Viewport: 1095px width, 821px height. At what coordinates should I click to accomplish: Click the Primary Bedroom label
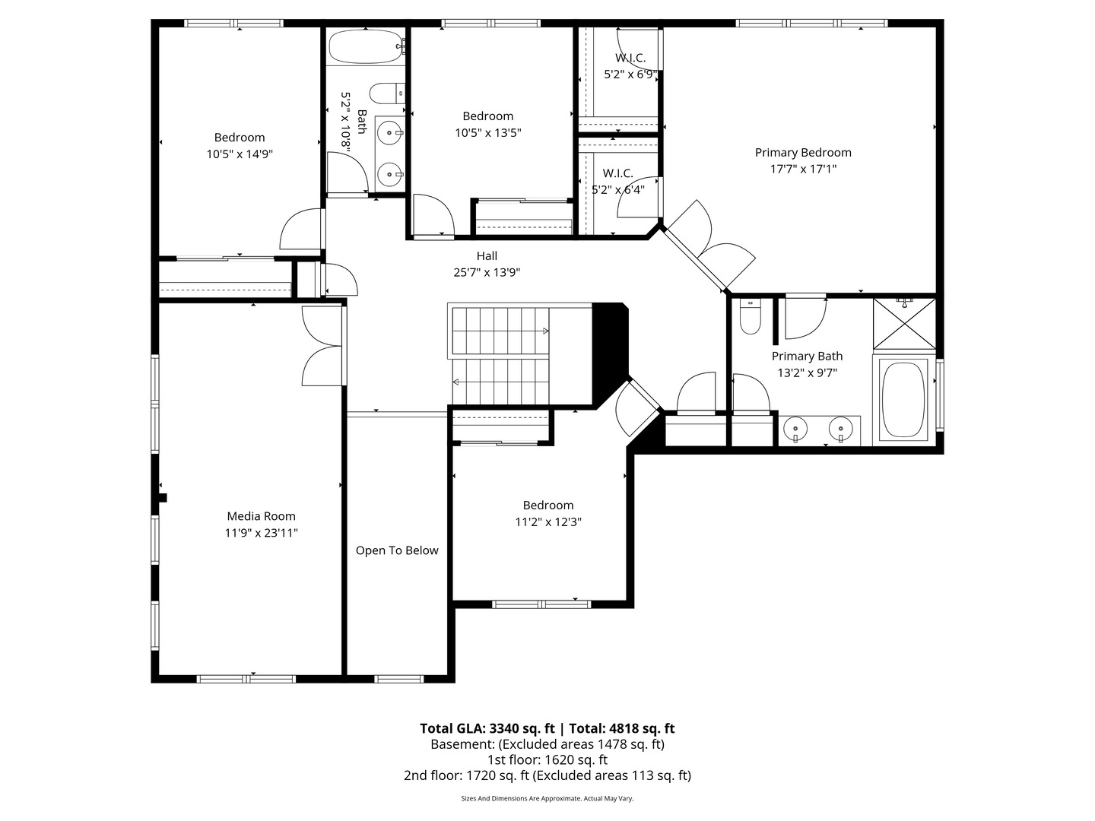pyautogui.click(x=802, y=153)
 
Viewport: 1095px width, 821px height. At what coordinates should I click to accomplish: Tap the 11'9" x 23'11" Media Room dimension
pyautogui.click(x=261, y=533)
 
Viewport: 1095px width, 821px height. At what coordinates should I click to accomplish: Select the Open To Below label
pyautogui.click(x=397, y=550)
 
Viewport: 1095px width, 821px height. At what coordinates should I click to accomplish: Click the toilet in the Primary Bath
pyautogui.click(x=750, y=318)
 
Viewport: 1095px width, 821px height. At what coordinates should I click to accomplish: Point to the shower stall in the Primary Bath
pyautogui.click(x=904, y=324)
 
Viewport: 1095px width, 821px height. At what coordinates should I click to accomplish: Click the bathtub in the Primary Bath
pyautogui.click(x=903, y=399)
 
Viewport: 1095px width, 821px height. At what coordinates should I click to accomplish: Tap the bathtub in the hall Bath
pyautogui.click(x=364, y=46)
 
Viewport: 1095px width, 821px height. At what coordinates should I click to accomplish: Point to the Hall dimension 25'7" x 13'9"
pyautogui.click(x=487, y=272)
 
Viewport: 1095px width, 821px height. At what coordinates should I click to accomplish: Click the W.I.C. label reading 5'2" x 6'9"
pyautogui.click(x=630, y=74)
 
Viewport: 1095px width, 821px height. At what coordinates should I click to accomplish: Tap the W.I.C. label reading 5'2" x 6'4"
pyautogui.click(x=618, y=190)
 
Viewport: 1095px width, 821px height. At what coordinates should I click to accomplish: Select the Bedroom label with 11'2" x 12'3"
pyautogui.click(x=547, y=506)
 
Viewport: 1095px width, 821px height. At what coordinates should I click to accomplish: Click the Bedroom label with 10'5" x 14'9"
pyautogui.click(x=240, y=138)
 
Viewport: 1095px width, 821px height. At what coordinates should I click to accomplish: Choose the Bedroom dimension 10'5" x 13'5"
pyautogui.click(x=487, y=132)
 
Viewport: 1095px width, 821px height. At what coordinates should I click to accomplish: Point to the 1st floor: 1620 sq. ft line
pyautogui.click(x=547, y=759)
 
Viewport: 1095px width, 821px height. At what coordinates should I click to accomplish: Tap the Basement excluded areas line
pyautogui.click(x=547, y=744)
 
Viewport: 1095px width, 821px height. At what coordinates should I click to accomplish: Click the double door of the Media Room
pyautogui.click(x=324, y=347)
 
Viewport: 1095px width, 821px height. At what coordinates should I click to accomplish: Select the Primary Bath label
pyautogui.click(x=807, y=356)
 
